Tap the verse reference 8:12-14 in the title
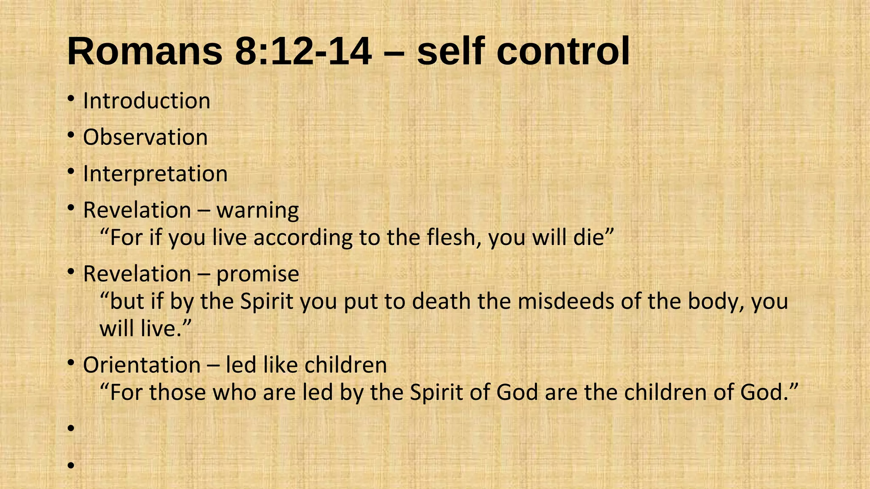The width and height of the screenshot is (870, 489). click(303, 51)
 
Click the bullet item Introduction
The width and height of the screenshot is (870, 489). click(147, 101)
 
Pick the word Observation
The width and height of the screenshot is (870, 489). click(145, 138)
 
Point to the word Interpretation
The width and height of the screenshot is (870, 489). click(155, 174)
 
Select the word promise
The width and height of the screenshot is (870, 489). click(258, 274)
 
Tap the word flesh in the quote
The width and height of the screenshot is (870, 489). click(454, 237)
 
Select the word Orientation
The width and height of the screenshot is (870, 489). click(142, 365)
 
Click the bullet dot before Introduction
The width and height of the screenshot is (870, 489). click(71, 100)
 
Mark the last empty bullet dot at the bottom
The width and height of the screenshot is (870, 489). click(71, 465)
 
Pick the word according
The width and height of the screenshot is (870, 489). click(303, 238)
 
